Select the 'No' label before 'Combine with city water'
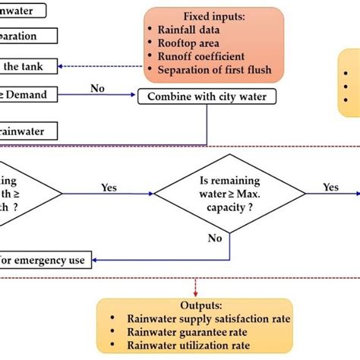point(97,88)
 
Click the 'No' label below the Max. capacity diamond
point(214,238)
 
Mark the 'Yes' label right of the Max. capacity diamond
point(330,186)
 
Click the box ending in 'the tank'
point(27,67)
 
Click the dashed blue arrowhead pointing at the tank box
point(61,67)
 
